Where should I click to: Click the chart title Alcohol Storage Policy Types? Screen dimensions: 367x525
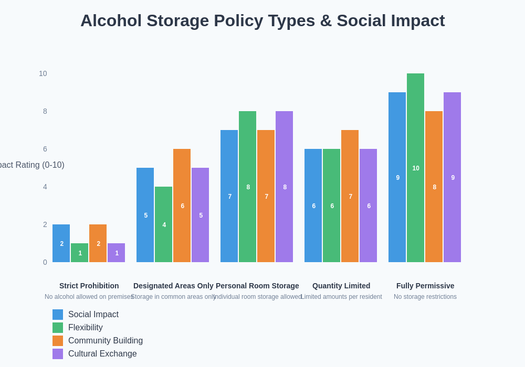coord(262,20)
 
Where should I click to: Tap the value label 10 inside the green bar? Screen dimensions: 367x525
coord(415,168)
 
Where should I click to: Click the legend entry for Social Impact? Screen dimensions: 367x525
coord(93,315)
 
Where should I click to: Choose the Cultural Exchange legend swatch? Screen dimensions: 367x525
coord(58,354)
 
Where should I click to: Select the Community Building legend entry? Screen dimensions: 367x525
coord(105,341)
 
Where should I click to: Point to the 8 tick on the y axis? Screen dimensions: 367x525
coord(45,111)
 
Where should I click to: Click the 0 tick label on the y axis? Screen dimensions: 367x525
coord(45,262)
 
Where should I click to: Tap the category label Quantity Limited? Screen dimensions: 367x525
coord(341,286)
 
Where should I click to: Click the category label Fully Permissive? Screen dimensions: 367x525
coord(425,286)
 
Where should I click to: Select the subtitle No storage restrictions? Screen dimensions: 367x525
coord(425,297)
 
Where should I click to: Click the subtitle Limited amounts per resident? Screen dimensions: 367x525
coord(341,297)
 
